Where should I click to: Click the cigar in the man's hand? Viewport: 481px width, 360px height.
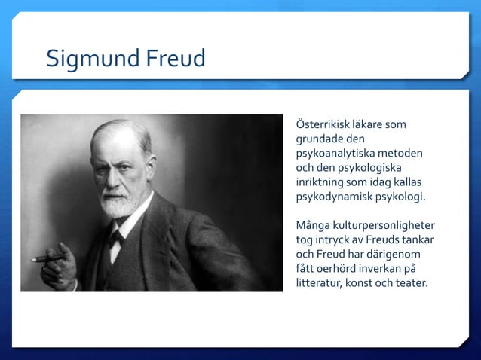click(x=47, y=258)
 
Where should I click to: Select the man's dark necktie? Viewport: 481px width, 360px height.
click(x=115, y=239)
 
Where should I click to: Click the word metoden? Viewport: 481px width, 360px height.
click(x=402, y=153)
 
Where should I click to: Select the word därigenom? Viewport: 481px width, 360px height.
click(x=395, y=254)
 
